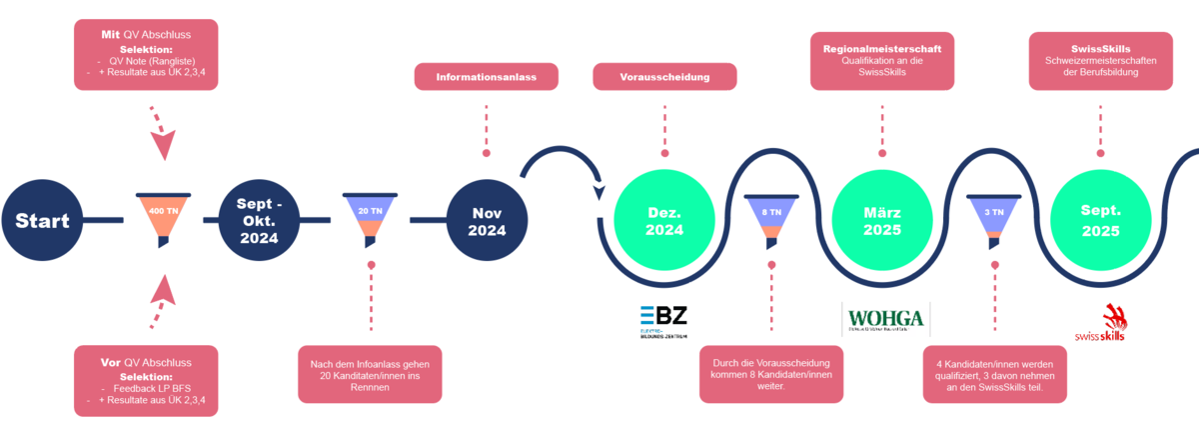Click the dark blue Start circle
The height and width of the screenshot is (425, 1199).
pyautogui.click(x=42, y=221)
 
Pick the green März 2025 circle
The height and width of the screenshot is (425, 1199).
pyautogui.click(x=882, y=221)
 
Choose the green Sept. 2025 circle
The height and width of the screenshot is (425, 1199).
pyautogui.click(x=1098, y=221)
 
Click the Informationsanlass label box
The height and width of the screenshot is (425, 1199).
pyautogui.click(x=487, y=76)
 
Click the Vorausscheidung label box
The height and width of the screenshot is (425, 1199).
pyautogui.click(x=664, y=76)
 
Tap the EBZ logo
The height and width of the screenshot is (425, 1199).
pyautogui.click(x=663, y=321)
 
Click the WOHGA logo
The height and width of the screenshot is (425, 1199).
pyautogui.click(x=885, y=321)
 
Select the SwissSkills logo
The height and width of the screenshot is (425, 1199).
pyautogui.click(x=1100, y=323)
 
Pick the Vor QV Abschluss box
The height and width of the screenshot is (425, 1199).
pyautogui.click(x=146, y=381)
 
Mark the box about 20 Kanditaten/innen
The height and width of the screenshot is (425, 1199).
pyautogui.click(x=370, y=373)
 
